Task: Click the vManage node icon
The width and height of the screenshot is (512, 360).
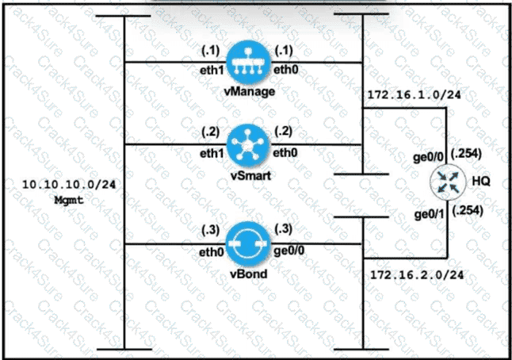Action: pyautogui.click(x=248, y=62)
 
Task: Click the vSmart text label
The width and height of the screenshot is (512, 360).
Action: pyautogui.click(x=248, y=175)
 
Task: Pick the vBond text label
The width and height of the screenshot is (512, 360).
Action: pyautogui.click(x=248, y=275)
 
